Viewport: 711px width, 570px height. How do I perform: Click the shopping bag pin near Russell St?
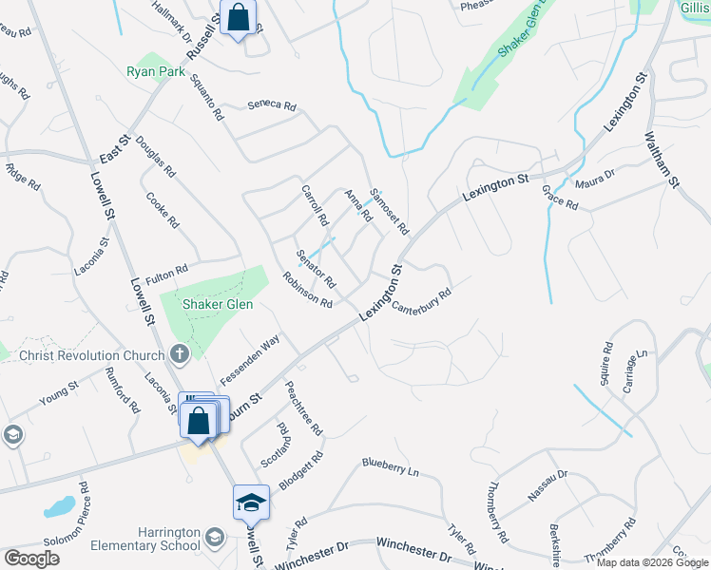click(238, 17)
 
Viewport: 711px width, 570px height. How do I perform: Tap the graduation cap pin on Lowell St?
click(252, 502)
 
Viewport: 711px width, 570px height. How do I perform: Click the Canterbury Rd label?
click(419, 301)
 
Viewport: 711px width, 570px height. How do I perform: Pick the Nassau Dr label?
click(548, 488)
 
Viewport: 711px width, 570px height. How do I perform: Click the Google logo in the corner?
click(31, 559)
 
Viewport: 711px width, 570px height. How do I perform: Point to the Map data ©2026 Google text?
click(652, 562)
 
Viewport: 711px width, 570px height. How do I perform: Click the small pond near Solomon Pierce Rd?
click(59, 506)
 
